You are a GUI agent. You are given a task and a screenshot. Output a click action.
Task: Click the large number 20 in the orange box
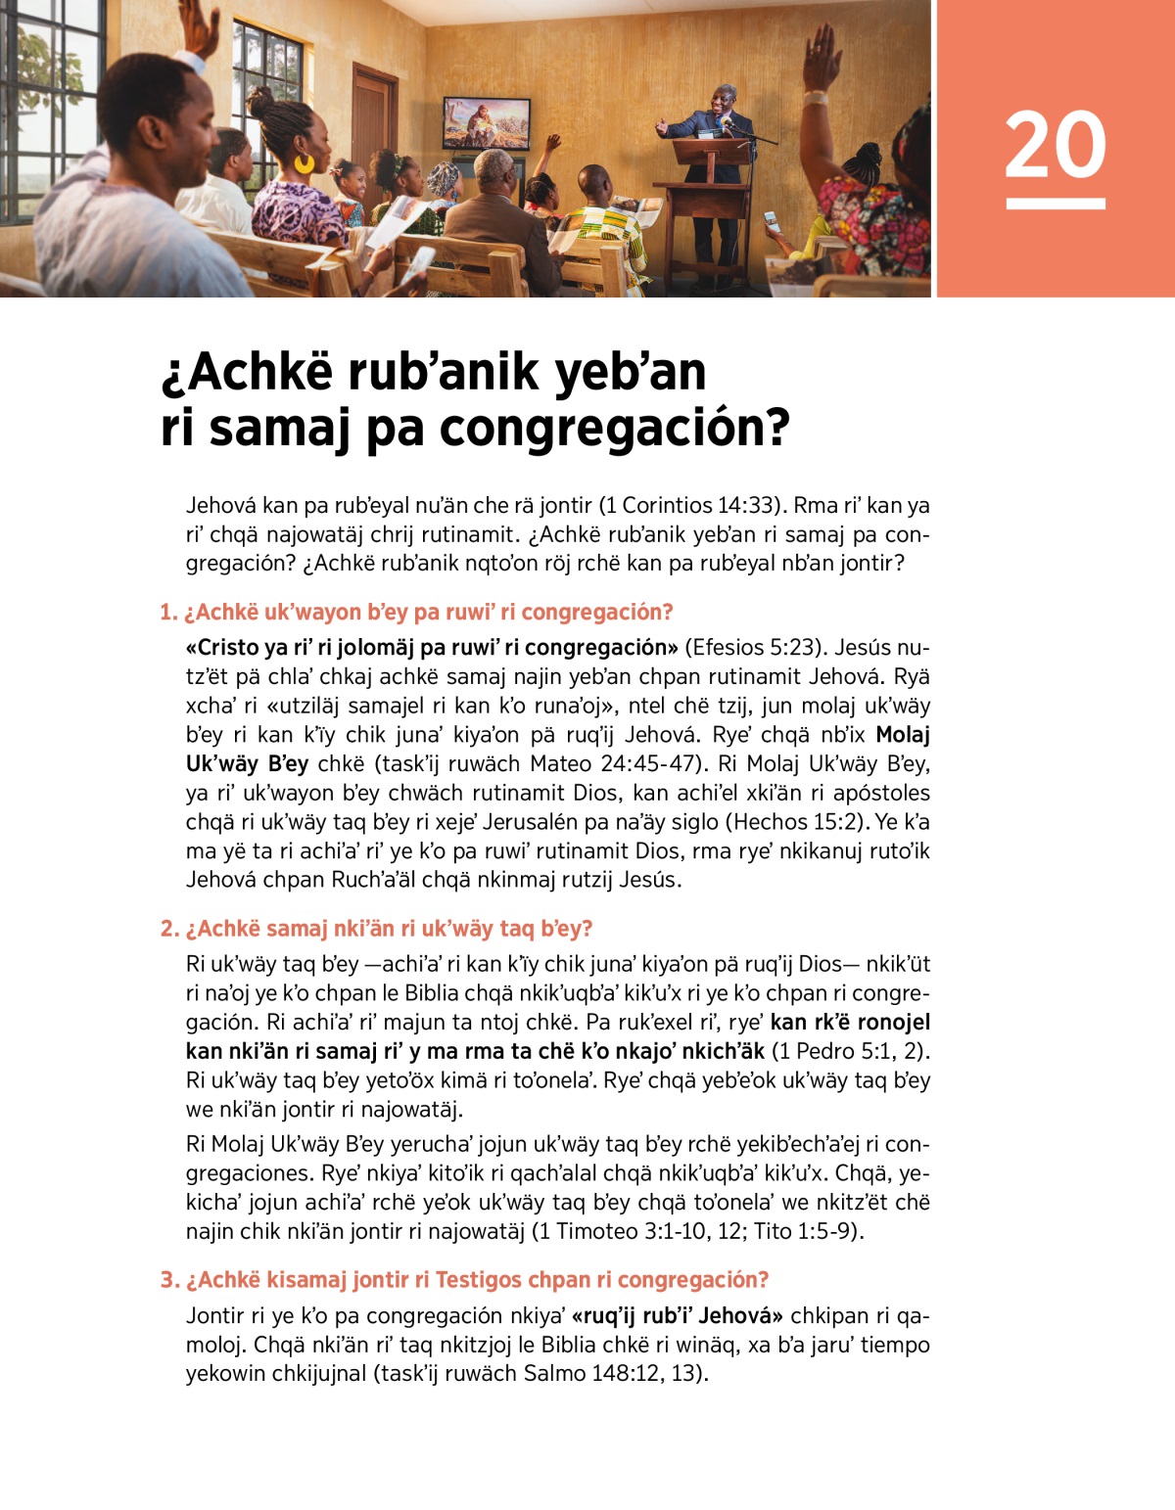(1055, 145)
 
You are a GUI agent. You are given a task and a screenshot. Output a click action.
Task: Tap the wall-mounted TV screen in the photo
(487, 122)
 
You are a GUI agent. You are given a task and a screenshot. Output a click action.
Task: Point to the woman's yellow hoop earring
(305, 162)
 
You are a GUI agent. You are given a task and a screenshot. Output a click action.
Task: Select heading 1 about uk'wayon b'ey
(417, 613)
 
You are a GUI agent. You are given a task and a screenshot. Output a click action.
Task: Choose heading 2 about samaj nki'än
(377, 929)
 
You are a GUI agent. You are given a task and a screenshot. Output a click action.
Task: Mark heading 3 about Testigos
(465, 1280)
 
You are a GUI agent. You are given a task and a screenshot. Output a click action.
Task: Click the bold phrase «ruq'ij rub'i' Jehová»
(677, 1315)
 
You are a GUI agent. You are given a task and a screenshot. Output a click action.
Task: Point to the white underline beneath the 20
(1056, 204)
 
